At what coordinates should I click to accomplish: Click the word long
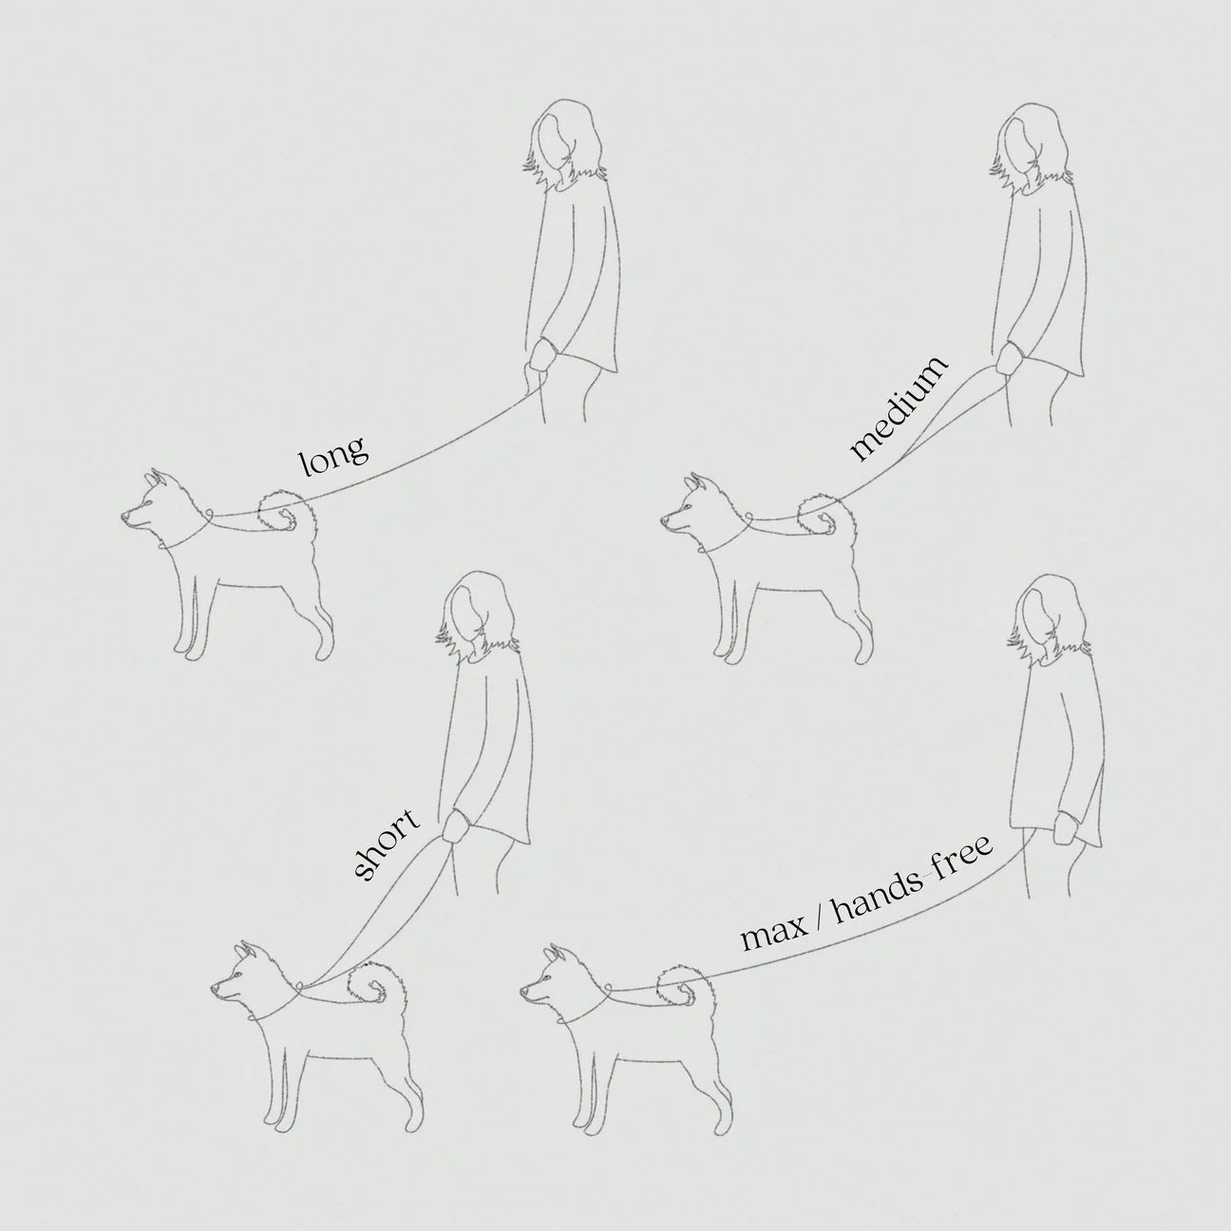click(x=334, y=456)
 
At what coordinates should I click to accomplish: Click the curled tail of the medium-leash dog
click(x=824, y=513)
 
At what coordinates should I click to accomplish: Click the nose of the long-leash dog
click(x=125, y=517)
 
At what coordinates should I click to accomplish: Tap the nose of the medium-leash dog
click(x=664, y=520)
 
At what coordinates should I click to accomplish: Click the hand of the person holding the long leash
click(x=543, y=356)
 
